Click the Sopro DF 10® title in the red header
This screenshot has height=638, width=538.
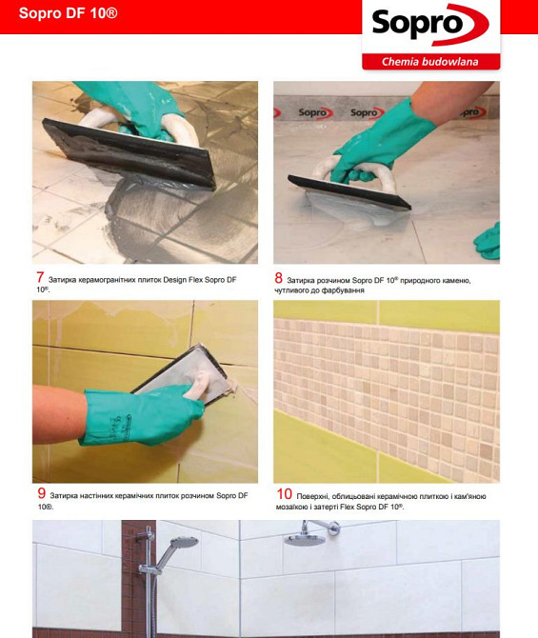(68, 13)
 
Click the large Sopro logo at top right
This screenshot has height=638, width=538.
(430, 25)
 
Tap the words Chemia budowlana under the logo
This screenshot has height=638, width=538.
(429, 62)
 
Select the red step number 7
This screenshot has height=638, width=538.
(39, 277)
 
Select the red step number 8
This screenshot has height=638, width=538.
(278, 278)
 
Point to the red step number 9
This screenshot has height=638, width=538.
(41, 493)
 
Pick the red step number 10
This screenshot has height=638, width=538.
(284, 494)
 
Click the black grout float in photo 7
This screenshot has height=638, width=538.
(130, 153)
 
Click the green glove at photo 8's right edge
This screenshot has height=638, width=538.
(488, 241)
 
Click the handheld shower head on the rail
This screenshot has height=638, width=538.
(185, 542)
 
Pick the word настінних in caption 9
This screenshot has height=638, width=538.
(96, 496)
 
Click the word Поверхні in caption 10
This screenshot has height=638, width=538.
(312, 496)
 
